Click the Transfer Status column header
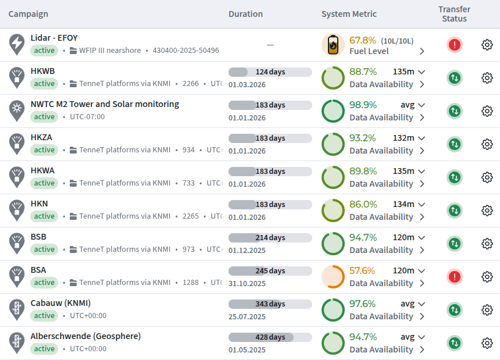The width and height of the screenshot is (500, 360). [454, 14]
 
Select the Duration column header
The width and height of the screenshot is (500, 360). [245, 14]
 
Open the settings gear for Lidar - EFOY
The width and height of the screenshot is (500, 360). [487, 45]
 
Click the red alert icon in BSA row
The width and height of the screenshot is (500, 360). [455, 277]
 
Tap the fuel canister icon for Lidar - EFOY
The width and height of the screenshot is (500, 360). [333, 45]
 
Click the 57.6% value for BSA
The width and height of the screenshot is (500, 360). [362, 270]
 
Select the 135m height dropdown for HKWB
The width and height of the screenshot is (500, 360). [409, 72]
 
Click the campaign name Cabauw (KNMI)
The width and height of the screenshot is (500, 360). [60, 303]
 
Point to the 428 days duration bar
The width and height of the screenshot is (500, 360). [270, 337]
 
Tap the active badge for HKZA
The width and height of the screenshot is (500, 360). [44, 150]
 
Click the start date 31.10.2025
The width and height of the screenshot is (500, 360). [247, 283]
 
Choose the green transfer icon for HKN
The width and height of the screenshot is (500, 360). [455, 211]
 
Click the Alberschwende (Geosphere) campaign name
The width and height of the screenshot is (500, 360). [85, 336]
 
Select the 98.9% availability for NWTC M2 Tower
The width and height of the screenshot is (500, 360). [363, 105]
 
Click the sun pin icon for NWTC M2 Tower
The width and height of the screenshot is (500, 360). [17, 111]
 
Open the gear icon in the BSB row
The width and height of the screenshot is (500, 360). [487, 244]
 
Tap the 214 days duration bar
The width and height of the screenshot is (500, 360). [270, 237]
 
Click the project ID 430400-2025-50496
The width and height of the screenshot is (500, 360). [185, 51]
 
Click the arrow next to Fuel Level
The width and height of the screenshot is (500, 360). [422, 51]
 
